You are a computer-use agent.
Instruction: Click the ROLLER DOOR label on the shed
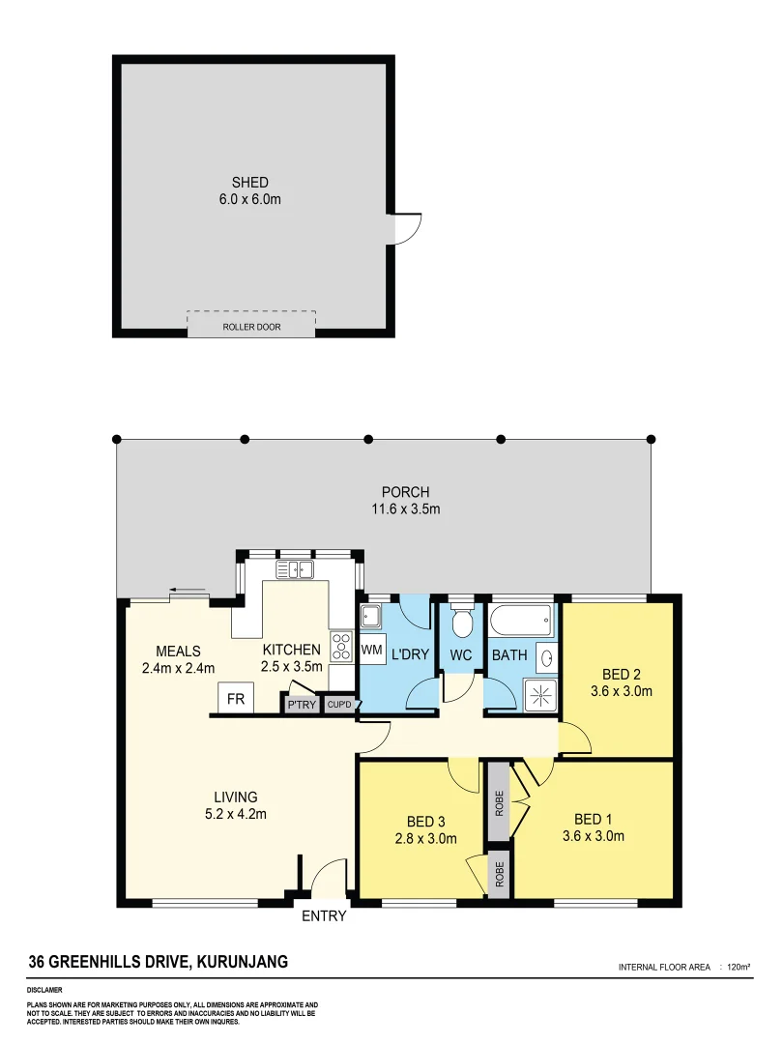[x=251, y=327]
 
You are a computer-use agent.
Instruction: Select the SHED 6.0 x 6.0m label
[x=249, y=190]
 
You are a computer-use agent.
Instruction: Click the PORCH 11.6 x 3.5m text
[x=405, y=501]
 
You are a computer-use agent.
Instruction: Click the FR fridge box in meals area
[x=235, y=699]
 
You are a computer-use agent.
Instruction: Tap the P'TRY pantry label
[x=302, y=705]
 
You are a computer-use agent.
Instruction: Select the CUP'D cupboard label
[x=339, y=705]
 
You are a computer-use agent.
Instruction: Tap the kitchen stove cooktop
[x=341, y=645]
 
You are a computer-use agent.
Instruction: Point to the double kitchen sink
[x=296, y=569]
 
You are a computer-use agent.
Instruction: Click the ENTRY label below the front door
[x=324, y=916]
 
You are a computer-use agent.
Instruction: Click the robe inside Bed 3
[x=500, y=874]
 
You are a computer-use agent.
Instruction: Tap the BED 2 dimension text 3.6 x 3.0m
[x=621, y=691]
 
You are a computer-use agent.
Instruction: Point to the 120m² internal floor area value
[x=739, y=967]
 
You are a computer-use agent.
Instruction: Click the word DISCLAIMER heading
[x=45, y=990]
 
